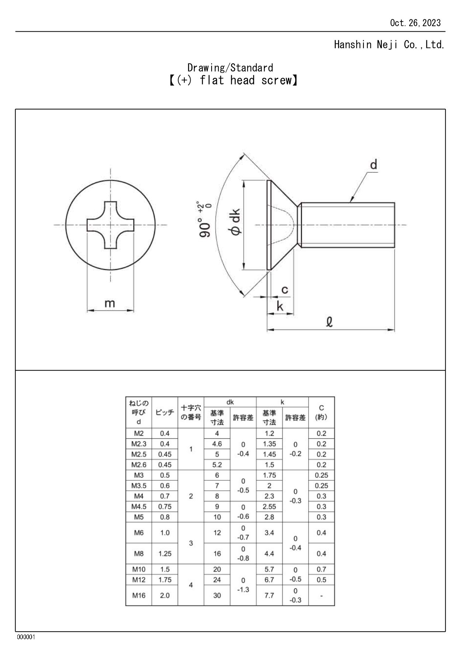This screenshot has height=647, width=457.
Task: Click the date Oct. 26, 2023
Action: tap(415, 23)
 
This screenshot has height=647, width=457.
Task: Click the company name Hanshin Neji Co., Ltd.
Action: tap(389, 45)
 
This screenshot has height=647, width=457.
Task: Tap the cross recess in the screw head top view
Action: tap(111, 225)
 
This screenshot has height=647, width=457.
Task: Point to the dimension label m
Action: tap(110, 303)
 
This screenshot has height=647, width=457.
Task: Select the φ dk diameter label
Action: tap(235, 221)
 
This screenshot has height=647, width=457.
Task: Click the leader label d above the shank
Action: tap(373, 165)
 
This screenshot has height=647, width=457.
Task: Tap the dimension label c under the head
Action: tap(285, 290)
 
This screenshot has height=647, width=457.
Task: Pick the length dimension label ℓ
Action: tap(330, 322)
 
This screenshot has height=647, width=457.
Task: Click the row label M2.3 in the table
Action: tap(139, 444)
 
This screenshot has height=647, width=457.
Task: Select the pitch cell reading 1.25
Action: tap(165, 553)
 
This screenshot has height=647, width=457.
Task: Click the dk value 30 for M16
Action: tap(217, 595)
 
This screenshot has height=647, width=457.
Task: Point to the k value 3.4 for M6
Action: tap(269, 532)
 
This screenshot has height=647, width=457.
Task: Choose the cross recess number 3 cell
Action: tap(191, 543)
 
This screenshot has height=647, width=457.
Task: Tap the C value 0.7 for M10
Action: tap(321, 569)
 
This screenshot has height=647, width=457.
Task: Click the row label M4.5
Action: tap(139, 507)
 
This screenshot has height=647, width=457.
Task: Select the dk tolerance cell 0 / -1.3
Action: tap(243, 585)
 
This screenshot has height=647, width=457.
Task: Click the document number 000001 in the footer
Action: tap(26, 637)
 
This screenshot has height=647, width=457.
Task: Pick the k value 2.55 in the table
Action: tap(269, 507)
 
